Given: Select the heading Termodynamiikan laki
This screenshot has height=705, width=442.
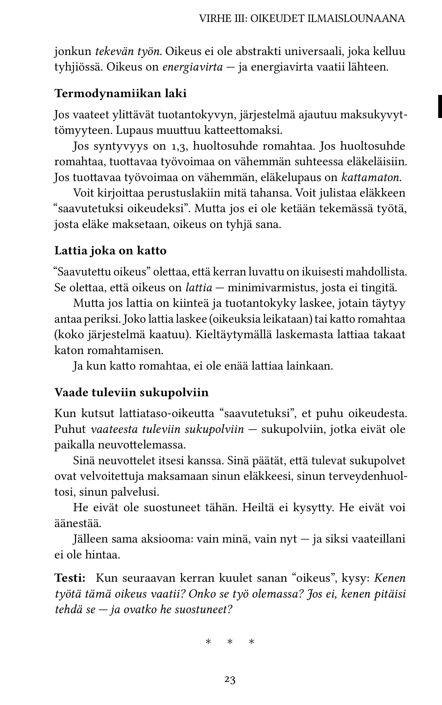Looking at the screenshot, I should click(120, 94).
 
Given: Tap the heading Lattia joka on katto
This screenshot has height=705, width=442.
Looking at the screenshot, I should click(110, 251).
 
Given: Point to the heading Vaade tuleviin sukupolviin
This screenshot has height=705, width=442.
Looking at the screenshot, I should click(131, 392).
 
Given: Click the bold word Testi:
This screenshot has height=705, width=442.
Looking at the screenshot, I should click(70, 578).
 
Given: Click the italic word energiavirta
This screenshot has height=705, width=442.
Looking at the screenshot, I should click(193, 67).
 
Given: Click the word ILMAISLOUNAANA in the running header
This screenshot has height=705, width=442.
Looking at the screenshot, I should click(356, 19).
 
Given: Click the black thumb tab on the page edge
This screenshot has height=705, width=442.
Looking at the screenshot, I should click(440, 106).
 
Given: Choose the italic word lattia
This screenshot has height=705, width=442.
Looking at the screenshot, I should click(199, 288).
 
